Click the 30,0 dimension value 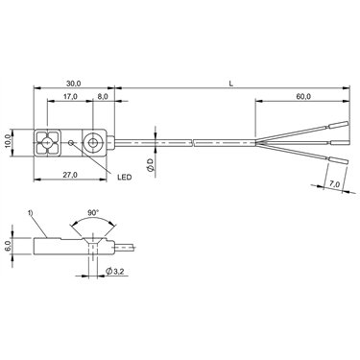(x=73, y=84)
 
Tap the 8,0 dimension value (x=103, y=97)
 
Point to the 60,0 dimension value (x=303, y=96)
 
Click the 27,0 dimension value (x=70, y=175)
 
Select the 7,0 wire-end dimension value (x=334, y=183)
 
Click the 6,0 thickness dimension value (x=9, y=246)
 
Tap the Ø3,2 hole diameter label (x=114, y=272)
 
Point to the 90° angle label (x=93, y=212)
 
